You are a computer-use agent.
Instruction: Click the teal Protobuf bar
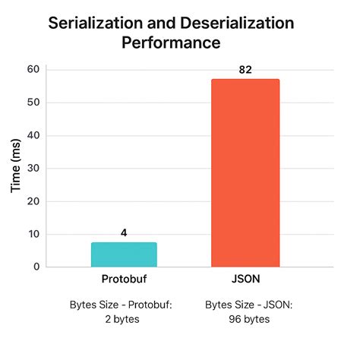pos(124,254)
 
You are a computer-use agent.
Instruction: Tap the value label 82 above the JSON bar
pos(245,70)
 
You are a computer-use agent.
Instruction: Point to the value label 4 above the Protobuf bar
pos(124,233)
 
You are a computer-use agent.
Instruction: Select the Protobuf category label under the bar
pos(124,279)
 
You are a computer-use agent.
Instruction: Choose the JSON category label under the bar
pos(245,279)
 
